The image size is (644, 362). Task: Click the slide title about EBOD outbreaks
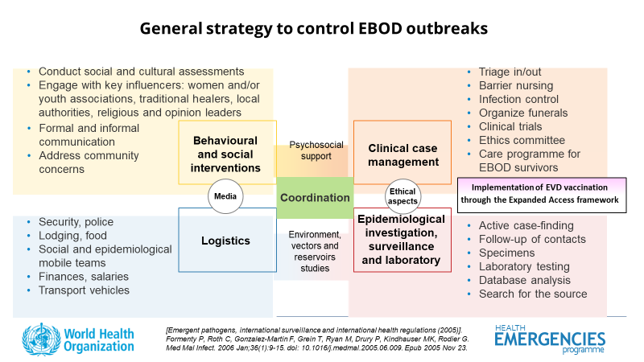coord(314,29)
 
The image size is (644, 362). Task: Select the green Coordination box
coord(315,198)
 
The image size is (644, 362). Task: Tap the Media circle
coord(225,196)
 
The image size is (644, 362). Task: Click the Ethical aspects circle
coord(402,196)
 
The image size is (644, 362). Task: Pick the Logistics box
coord(228,240)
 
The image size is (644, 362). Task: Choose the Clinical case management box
coord(402,152)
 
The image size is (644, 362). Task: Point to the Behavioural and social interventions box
coord(228,152)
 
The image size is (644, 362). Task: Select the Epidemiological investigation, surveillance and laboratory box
coord(402,240)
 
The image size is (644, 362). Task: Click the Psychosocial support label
coord(316,150)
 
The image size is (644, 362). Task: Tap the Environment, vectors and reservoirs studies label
coord(315,251)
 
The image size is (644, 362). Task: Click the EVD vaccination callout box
coord(542,195)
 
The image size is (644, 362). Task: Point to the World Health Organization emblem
coord(41,339)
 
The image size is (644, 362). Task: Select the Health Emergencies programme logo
coord(550,339)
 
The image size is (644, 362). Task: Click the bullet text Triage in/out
coord(510,72)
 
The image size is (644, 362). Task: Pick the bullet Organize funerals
coord(523,113)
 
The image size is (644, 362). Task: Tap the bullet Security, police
coord(76,222)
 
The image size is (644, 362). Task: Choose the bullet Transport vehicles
coord(84,290)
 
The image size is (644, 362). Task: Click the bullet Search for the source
coord(533,294)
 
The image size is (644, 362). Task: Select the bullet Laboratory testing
coord(524,267)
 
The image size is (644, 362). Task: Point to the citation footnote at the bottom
coord(317,339)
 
